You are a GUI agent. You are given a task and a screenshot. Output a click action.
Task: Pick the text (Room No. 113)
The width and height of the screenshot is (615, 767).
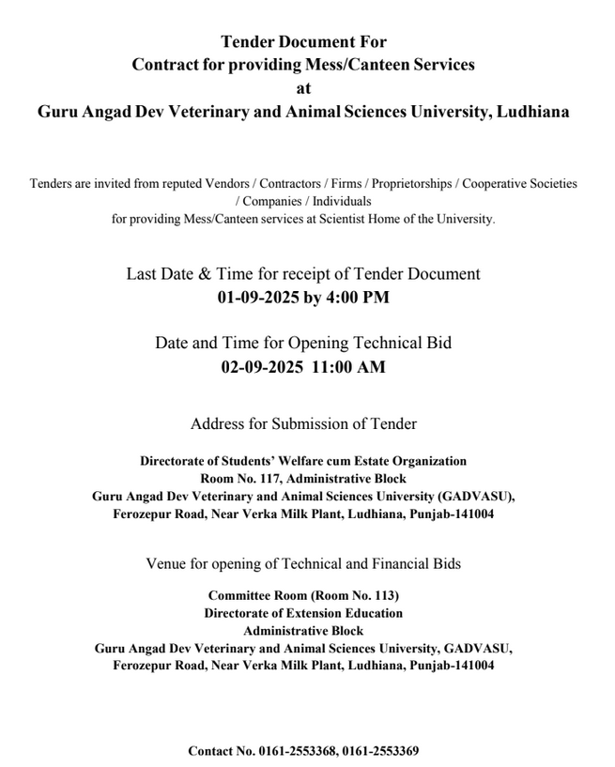346,596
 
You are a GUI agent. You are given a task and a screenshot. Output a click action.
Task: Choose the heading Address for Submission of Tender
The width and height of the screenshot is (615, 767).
303,423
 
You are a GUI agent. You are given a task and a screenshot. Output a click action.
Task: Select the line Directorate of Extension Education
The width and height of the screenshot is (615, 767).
303,613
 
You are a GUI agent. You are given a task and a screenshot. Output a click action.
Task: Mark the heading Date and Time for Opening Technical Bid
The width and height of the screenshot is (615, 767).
303,344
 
